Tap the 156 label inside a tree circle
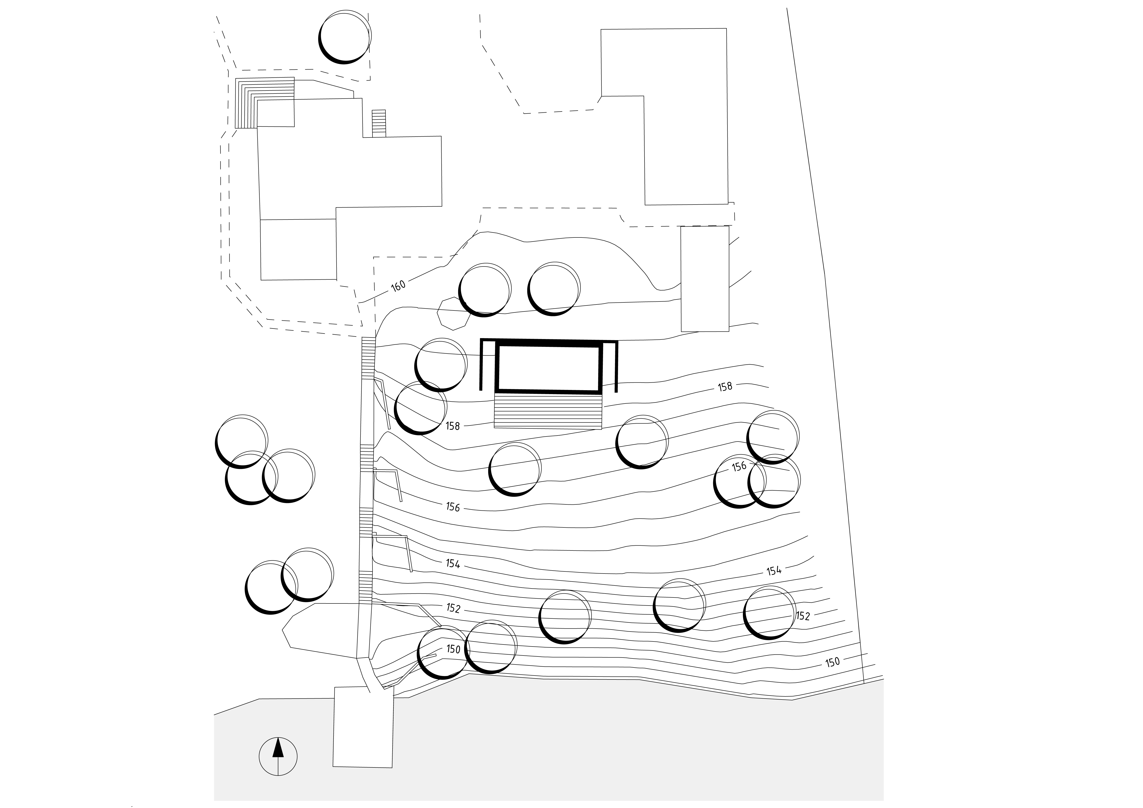point(739,466)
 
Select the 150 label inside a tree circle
point(453,649)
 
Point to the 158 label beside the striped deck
point(453,426)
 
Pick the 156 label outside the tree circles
point(453,507)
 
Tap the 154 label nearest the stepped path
point(453,564)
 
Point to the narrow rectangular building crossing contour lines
point(705,279)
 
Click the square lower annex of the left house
point(298,249)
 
